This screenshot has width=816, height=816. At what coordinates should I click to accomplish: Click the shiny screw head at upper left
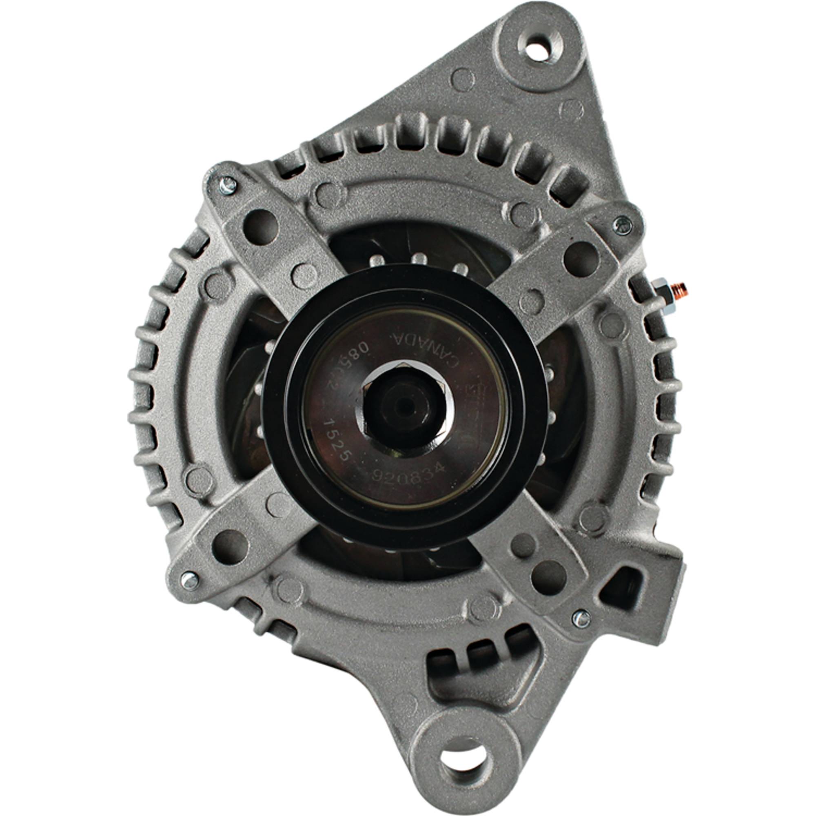tap(227, 186)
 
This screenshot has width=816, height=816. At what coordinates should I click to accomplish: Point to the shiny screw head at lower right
tap(582, 619)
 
